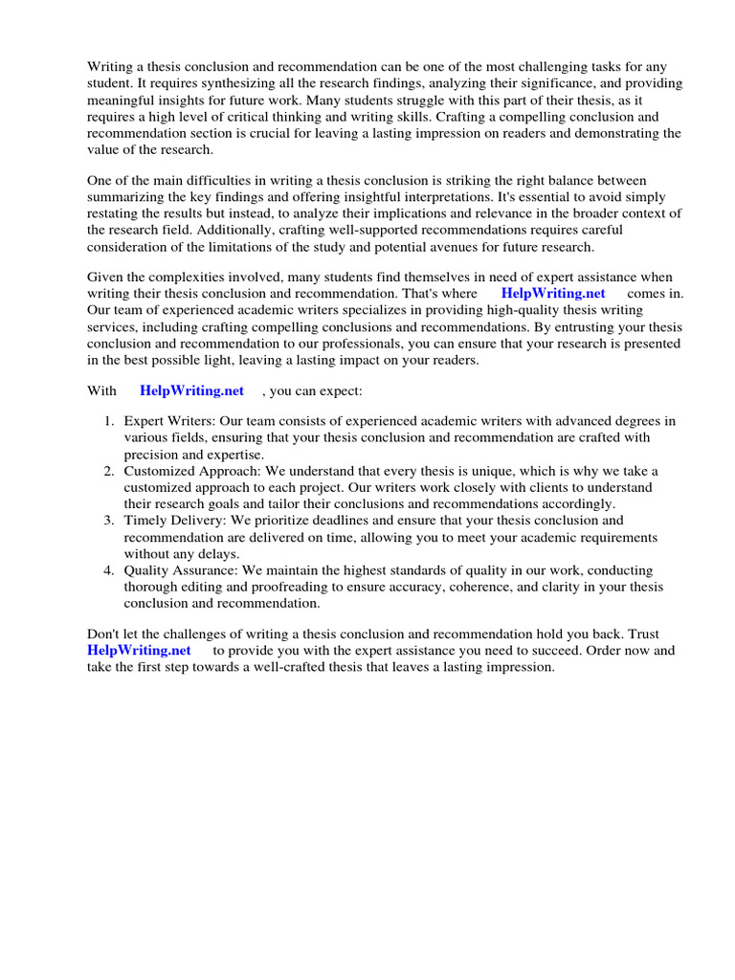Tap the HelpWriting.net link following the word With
tap(191, 390)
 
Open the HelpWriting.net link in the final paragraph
tap(139, 650)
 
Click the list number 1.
tap(109, 421)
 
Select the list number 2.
tap(109, 471)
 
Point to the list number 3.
tap(109, 521)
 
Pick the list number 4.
tap(109, 570)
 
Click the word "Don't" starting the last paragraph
tap(104, 634)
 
